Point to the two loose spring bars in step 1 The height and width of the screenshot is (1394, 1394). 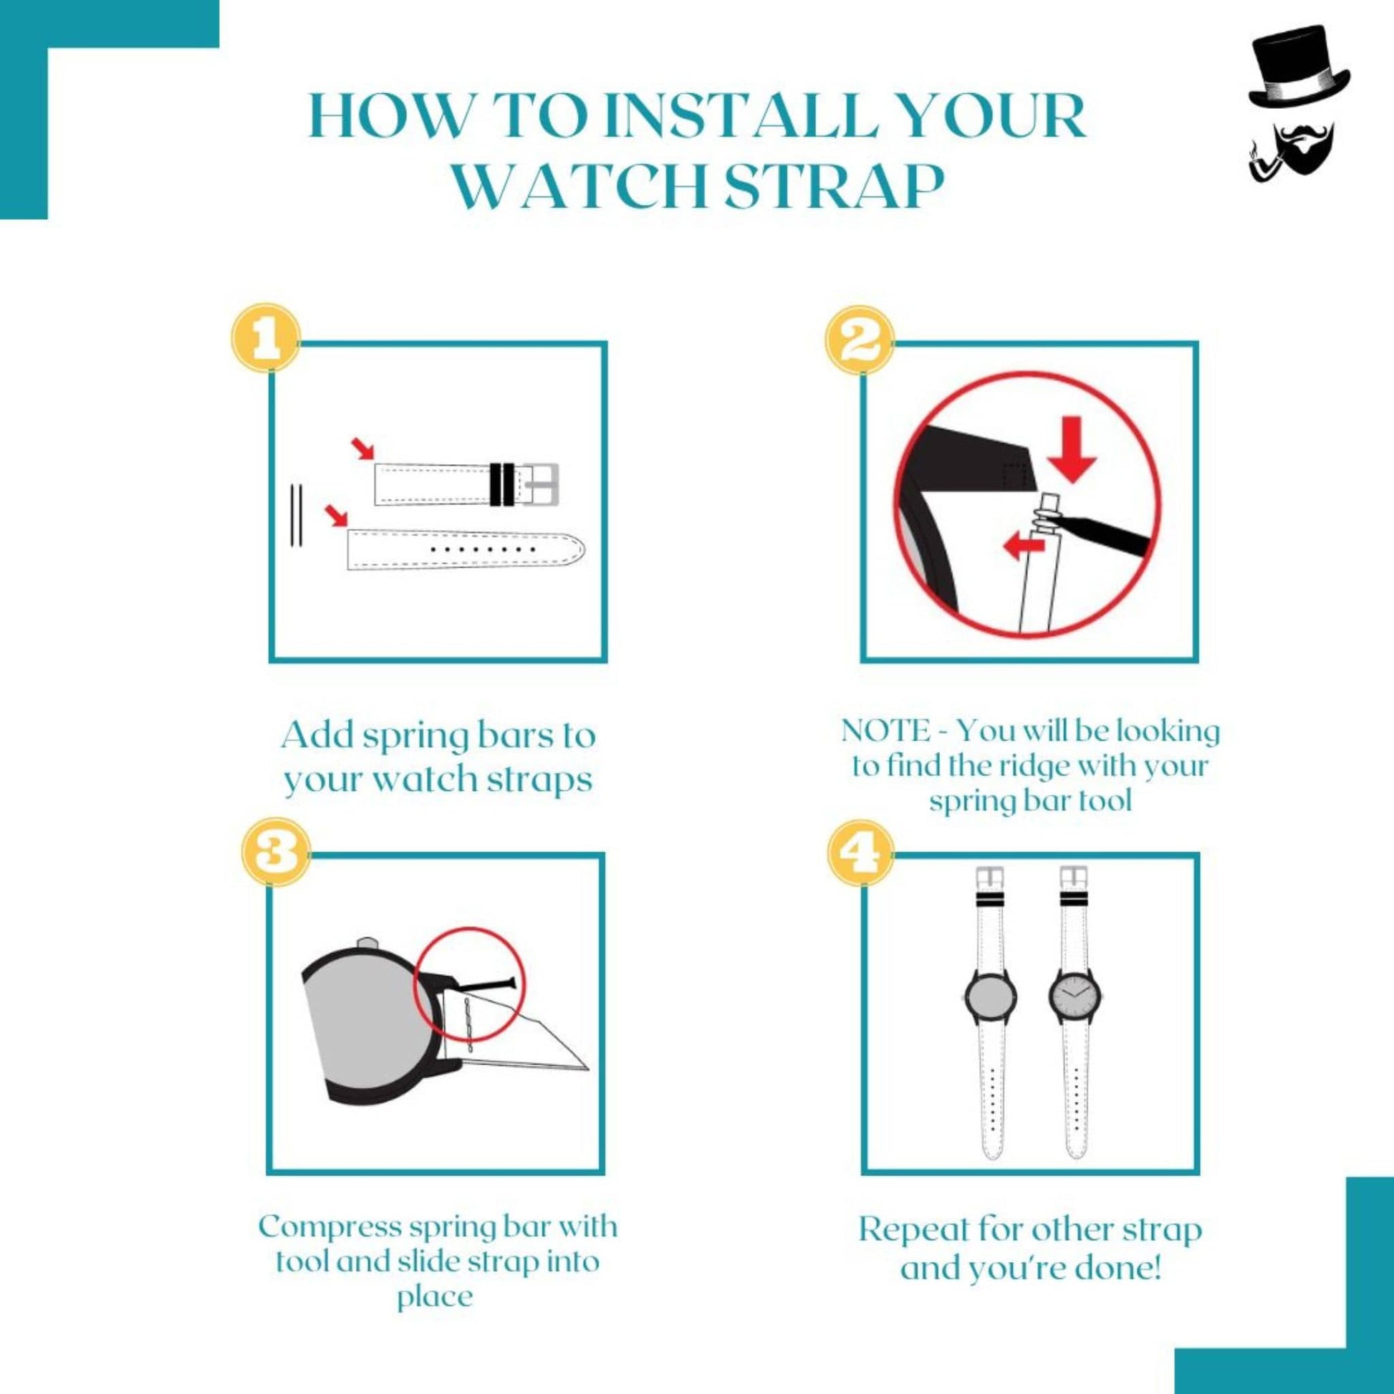click(x=297, y=515)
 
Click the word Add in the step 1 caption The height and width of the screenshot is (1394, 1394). click(x=315, y=736)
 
